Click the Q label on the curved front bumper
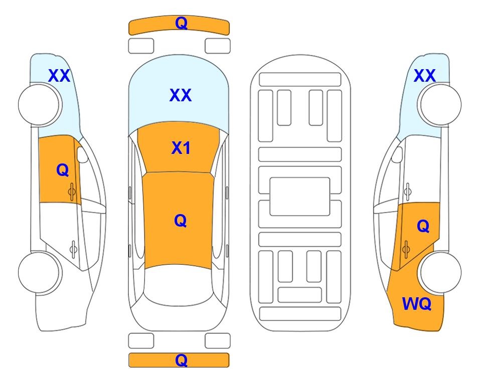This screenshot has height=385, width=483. pos(181,23)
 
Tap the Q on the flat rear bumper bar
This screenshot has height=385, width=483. pos(181,360)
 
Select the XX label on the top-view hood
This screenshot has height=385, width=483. pos(181,95)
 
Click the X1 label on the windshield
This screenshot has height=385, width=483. pos(181,148)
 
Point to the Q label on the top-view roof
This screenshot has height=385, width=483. pos(181,221)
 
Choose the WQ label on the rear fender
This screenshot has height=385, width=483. pos(417,304)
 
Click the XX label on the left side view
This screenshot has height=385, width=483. pos(59,76)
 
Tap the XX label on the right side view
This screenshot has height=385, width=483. pos(425,76)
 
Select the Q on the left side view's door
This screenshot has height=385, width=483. pos(63,170)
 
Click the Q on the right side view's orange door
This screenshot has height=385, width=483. pos(423,226)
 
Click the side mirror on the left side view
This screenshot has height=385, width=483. pos(82,154)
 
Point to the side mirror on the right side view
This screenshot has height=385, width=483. pos(397,154)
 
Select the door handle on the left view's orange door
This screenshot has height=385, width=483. pos(72,192)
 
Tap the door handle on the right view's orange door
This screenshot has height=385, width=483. pos(406,250)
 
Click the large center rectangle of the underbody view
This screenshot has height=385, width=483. pos(300,197)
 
